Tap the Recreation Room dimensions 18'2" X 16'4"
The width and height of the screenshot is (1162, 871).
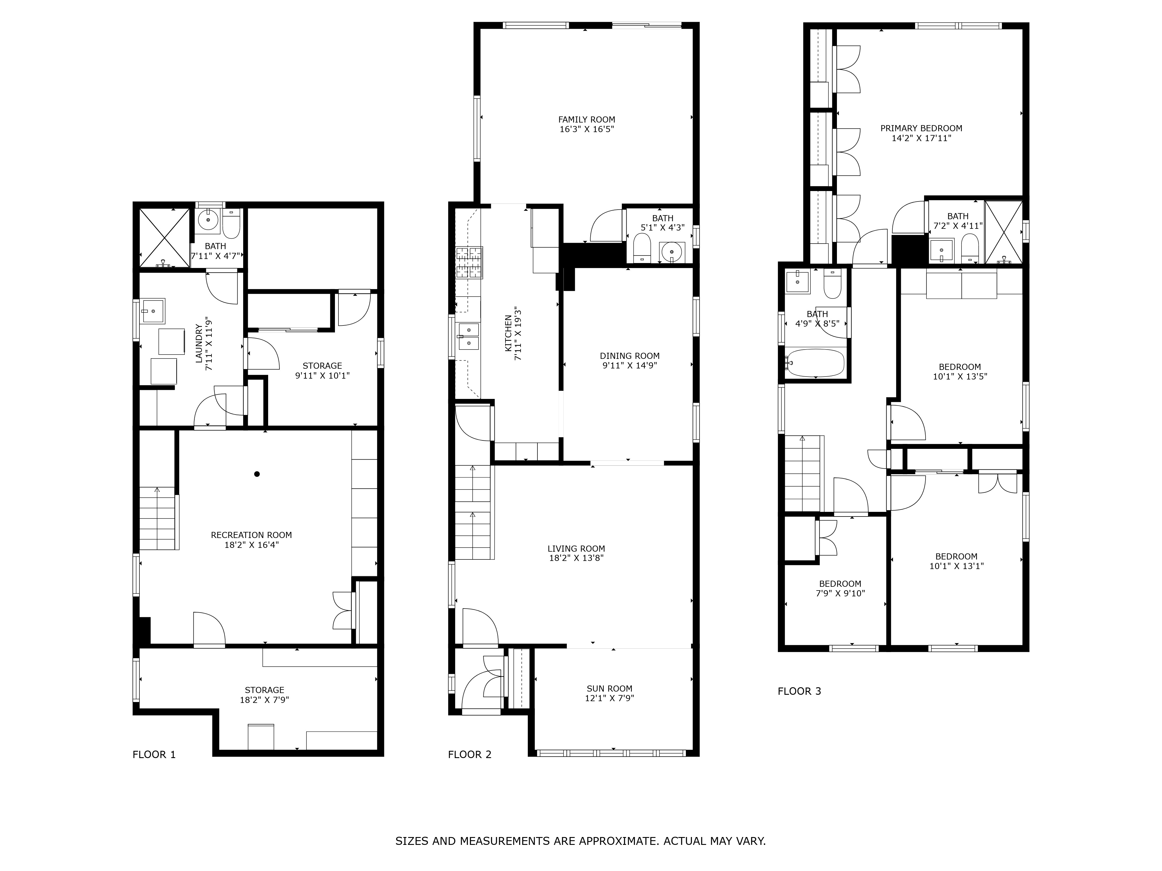(251, 545)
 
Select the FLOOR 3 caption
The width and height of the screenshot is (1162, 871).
(799, 691)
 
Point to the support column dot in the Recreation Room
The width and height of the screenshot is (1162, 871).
(257, 474)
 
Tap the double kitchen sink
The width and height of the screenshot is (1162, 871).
(469, 336)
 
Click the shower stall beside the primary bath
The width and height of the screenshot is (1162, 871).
(1003, 232)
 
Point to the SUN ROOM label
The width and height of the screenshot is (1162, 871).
(609, 688)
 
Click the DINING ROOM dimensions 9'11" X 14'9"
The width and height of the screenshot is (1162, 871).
(629, 366)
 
